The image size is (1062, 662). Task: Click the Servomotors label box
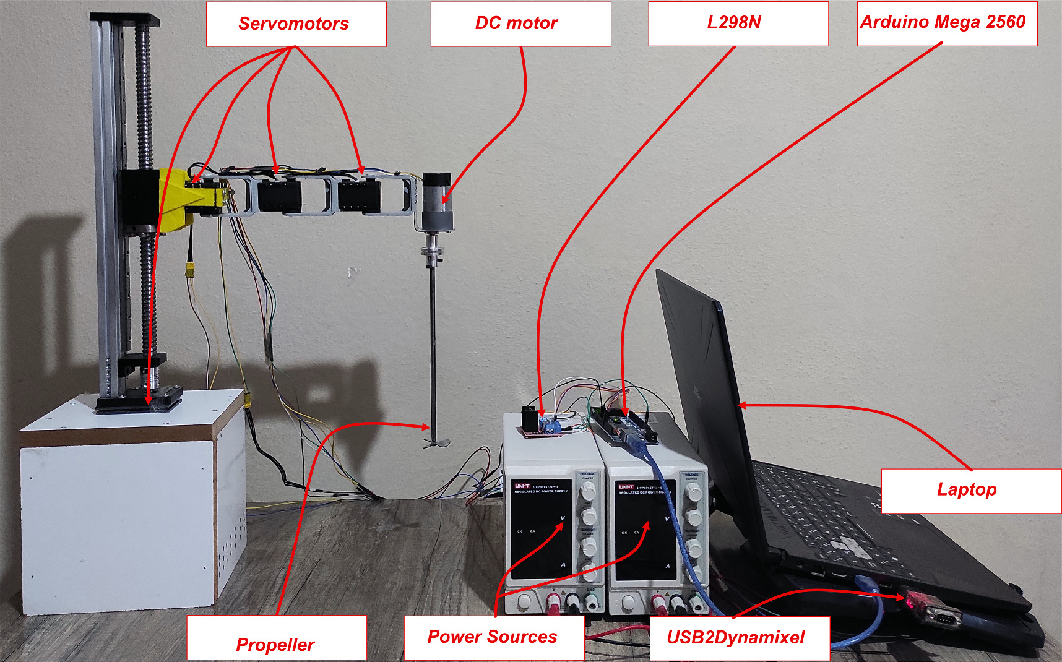pos(296,24)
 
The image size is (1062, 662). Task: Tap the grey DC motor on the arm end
pos(437,201)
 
